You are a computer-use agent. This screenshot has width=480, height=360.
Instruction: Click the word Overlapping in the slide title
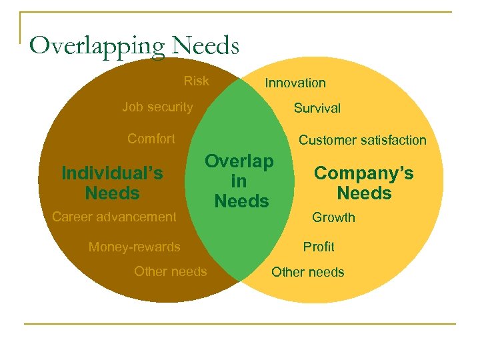(x=97, y=45)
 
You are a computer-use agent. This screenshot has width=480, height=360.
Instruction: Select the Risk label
(x=196, y=81)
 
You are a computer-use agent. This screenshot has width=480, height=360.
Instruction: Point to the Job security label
(x=157, y=107)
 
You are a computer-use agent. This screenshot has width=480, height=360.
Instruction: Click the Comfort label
(x=151, y=139)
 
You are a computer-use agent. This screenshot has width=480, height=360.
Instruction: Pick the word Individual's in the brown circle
(x=112, y=173)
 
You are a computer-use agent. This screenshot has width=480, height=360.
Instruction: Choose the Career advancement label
(x=114, y=216)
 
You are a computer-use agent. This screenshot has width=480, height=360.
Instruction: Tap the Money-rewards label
(x=134, y=247)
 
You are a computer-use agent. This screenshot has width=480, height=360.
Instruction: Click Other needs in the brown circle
(x=170, y=271)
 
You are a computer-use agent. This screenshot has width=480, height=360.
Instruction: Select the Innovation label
(x=295, y=83)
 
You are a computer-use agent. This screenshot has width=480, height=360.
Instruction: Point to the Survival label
(x=317, y=108)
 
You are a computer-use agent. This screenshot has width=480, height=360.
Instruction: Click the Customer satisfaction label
(x=362, y=140)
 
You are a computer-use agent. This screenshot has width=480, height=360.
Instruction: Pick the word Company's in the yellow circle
(x=364, y=173)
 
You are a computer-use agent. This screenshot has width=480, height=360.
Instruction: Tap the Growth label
(x=334, y=217)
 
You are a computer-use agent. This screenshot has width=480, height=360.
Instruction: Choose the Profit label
(x=319, y=247)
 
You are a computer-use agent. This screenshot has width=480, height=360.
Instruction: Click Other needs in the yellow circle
(x=308, y=272)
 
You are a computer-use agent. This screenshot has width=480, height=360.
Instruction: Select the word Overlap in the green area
(x=239, y=161)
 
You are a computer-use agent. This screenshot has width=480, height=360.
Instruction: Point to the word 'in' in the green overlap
(x=239, y=181)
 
